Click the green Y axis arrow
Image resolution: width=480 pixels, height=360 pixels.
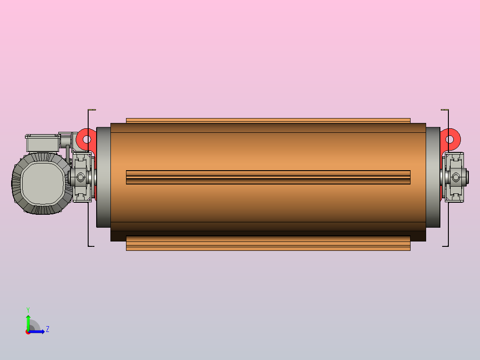coord(28,320)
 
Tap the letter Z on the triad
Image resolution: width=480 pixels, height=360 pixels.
coord(47,329)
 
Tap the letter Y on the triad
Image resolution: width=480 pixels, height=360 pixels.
coord(28,309)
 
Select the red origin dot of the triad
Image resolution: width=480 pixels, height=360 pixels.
coord(28,332)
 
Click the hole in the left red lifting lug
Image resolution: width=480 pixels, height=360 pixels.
coord(87,139)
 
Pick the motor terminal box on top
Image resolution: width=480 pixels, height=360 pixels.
coord(42,143)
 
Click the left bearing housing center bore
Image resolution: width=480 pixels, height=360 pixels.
coord(81,177)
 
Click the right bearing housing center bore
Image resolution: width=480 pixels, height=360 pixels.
coord(456,177)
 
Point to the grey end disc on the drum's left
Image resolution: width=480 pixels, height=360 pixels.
coord(103,177)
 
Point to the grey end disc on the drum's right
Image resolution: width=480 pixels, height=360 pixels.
coord(432,177)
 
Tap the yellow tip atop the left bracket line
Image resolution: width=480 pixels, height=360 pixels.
coord(93,110)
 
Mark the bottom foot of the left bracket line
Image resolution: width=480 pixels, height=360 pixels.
coord(91,245)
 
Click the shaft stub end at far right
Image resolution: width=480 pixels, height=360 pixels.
coord(466,177)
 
